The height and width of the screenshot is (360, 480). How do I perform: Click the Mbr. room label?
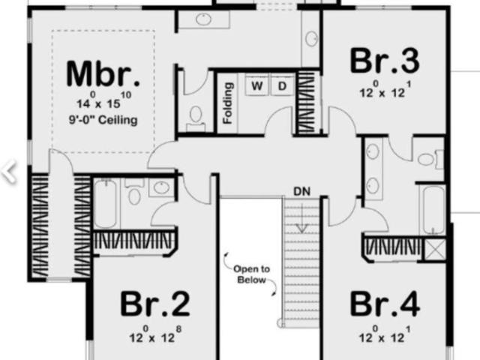(103, 74)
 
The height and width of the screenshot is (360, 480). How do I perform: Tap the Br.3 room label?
(385, 61)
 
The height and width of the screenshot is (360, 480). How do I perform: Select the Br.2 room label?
(155, 304)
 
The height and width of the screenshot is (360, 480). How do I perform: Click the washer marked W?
(257, 85)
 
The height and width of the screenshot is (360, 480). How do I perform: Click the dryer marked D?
(282, 85)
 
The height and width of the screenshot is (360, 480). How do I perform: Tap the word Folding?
(228, 103)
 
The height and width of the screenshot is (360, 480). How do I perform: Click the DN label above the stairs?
(301, 192)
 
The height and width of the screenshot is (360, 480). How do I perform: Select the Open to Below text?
(251, 274)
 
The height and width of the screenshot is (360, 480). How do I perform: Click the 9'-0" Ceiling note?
(103, 120)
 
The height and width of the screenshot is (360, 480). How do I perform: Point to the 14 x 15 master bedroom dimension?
(103, 100)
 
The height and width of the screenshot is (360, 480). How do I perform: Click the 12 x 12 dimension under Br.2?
(155, 334)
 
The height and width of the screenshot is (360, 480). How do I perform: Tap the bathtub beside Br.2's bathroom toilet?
(105, 203)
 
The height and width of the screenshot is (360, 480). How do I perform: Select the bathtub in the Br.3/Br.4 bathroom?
(433, 210)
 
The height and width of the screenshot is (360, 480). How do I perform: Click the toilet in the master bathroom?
(195, 118)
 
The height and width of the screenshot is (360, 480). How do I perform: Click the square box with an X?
(435, 249)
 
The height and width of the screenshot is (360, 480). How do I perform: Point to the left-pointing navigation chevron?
(8, 172)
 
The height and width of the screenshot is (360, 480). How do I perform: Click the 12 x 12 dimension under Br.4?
(385, 334)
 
